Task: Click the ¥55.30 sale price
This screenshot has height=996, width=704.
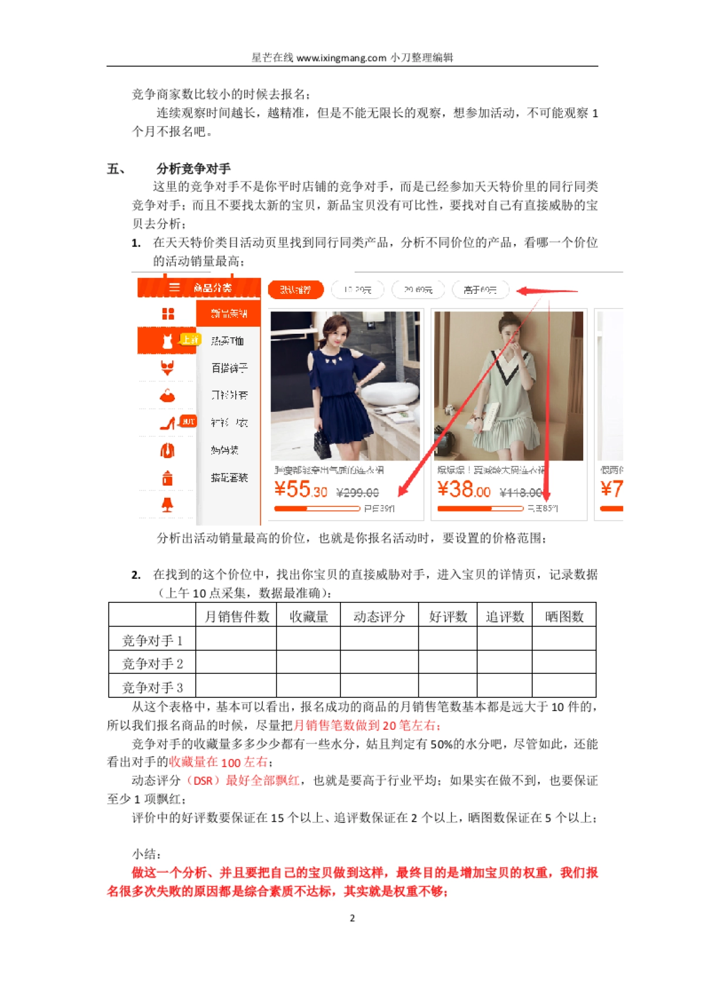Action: click(301, 489)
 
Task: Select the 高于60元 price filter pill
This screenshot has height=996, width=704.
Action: click(479, 290)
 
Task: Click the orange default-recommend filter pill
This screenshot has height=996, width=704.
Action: click(295, 290)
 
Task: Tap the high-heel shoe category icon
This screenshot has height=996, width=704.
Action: click(168, 423)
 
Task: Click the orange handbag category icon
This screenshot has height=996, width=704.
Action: click(168, 396)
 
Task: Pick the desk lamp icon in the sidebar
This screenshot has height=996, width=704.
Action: click(168, 505)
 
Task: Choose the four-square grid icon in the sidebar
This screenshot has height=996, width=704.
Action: click(168, 314)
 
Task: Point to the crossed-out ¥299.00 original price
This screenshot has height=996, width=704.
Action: click(357, 493)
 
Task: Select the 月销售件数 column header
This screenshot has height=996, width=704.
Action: click(236, 616)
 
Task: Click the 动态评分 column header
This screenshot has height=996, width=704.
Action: click(379, 616)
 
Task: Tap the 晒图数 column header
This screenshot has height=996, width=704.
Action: click(564, 616)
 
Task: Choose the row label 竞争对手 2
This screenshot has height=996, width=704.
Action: click(153, 663)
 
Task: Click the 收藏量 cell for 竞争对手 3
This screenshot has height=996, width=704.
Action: click(308, 686)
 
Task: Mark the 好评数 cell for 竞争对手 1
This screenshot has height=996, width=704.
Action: click(448, 639)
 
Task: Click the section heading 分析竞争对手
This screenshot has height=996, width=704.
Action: click(194, 169)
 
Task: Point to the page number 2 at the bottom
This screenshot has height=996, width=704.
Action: click(352, 918)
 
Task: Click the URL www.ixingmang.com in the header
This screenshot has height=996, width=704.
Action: click(341, 58)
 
